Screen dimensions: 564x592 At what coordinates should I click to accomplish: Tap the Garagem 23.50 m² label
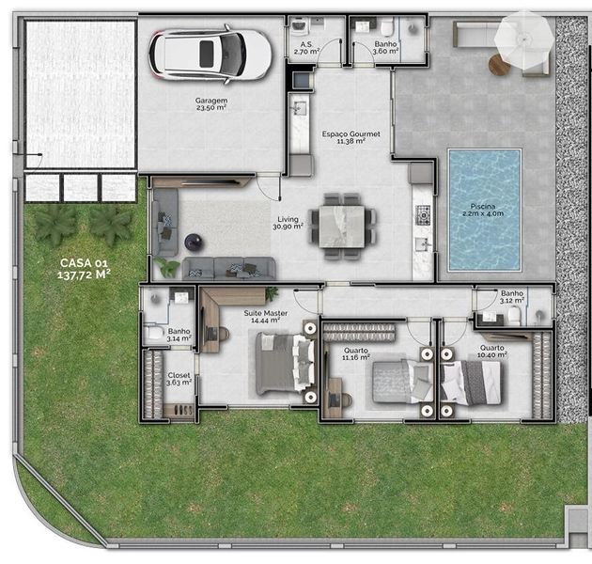pyautogui.click(x=212, y=103)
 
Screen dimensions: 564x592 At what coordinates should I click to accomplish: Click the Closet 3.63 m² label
pyautogui.click(x=179, y=379)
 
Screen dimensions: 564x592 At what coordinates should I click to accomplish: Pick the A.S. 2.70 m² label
pyautogui.click(x=305, y=48)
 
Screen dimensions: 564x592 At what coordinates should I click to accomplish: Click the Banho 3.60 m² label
pyautogui.click(x=384, y=48)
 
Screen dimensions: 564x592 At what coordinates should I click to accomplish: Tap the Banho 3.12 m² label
pyautogui.click(x=512, y=298)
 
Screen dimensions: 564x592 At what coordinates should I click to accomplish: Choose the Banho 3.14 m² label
pyautogui.click(x=179, y=335)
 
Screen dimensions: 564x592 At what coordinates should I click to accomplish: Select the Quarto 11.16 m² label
pyautogui.click(x=355, y=353)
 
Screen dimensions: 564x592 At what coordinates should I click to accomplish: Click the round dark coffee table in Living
pyautogui.click(x=193, y=241)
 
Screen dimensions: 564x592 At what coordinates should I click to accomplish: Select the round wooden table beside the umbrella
pyautogui.click(x=499, y=65)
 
